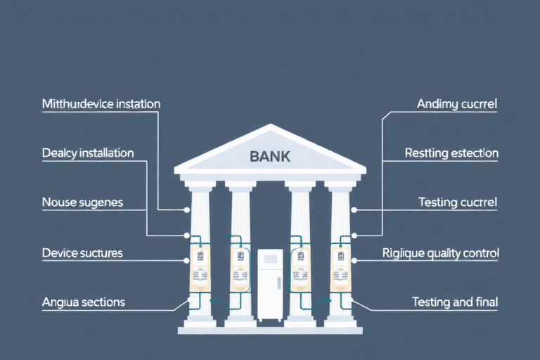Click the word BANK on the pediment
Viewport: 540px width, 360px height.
click(x=270, y=156)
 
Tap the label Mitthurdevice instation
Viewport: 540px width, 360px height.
click(x=101, y=104)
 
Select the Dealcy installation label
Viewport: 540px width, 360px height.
click(x=88, y=153)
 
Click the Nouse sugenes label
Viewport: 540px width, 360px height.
click(x=82, y=202)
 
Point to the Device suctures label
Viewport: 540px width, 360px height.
click(x=82, y=252)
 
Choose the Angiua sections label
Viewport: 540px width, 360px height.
click(x=84, y=302)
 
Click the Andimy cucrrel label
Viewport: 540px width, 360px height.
click(x=457, y=104)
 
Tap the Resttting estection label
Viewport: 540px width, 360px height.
click(x=451, y=153)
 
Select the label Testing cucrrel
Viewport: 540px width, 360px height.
click(x=458, y=202)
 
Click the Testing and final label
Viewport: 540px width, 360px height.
click(x=454, y=302)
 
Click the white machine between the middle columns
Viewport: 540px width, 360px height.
click(x=270, y=285)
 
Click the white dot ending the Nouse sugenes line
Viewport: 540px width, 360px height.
click(x=187, y=210)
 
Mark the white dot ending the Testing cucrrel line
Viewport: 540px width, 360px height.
click(x=354, y=210)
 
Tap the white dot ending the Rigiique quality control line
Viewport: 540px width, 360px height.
click(x=354, y=259)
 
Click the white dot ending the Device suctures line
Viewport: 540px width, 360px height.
click(x=187, y=259)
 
